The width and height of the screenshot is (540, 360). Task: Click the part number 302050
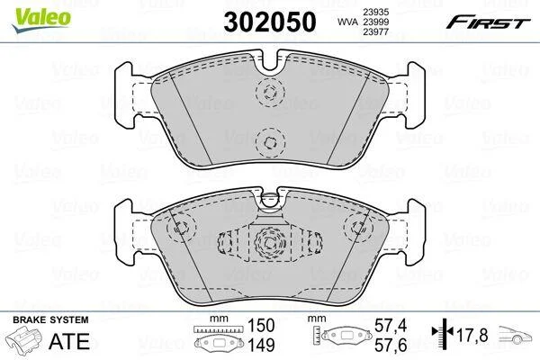click(270, 22)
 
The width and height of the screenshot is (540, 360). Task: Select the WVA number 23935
click(375, 12)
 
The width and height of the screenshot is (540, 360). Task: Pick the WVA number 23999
click(375, 22)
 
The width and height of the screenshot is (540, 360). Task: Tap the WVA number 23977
click(375, 32)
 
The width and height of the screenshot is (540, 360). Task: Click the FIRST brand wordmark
click(488, 22)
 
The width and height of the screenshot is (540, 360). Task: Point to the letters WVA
click(347, 22)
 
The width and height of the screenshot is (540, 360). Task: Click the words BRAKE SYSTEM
click(50, 320)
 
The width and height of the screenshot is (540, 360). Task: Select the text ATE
click(69, 341)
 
